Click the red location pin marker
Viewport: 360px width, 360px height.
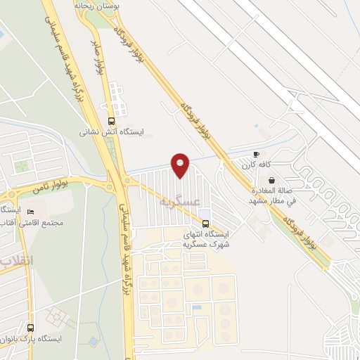tap(181, 164)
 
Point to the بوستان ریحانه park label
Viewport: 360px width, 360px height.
tap(97, 5)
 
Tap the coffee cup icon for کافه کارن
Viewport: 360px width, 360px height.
tap(256, 154)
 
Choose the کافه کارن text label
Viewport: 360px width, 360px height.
tap(256, 165)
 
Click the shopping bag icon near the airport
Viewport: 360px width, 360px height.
tap(271, 180)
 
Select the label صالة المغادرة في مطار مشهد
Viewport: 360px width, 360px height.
tap(274, 195)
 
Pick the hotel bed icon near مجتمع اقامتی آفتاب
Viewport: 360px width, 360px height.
tap(30, 211)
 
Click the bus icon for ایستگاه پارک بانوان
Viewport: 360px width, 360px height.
tap(30, 327)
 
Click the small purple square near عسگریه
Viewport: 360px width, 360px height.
tap(204, 213)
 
